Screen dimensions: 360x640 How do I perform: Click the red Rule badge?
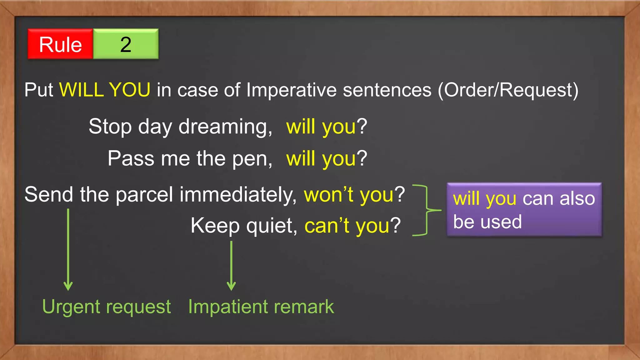point(60,44)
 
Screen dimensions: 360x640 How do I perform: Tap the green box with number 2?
point(126,44)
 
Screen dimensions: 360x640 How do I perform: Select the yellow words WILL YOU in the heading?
point(105,90)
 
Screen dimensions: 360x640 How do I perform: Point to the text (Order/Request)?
point(508,90)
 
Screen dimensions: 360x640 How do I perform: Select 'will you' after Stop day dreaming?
point(321,127)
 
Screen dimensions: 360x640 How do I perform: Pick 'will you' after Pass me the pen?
point(321,158)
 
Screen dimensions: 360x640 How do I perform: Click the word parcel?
point(144,195)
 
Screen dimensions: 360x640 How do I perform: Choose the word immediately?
point(238,195)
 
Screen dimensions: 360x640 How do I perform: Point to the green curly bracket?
point(427,210)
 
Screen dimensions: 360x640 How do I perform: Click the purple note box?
point(524,210)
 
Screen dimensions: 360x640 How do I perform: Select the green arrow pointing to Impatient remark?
point(231,266)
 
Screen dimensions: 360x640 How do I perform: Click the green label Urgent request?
point(107,307)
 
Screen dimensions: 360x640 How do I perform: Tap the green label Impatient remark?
point(261,307)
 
